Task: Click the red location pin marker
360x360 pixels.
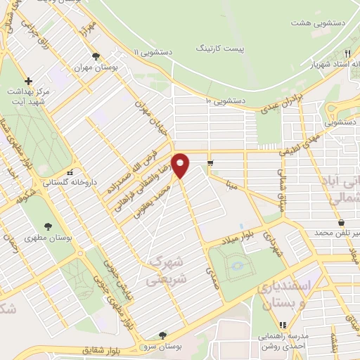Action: pyautogui.click(x=181, y=165)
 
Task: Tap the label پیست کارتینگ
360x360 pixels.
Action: pyautogui.click(x=217, y=49)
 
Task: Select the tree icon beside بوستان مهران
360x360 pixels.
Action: pyautogui.click(x=96, y=57)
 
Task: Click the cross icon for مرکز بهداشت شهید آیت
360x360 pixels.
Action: pyautogui.click(x=28, y=81)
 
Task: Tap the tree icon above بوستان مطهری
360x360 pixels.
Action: pyautogui.click(x=48, y=226)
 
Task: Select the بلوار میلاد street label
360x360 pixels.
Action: pyautogui.click(x=239, y=236)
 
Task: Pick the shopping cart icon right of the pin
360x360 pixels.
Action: pyautogui.click(x=210, y=164)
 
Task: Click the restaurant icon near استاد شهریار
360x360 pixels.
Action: pyautogui.click(x=347, y=53)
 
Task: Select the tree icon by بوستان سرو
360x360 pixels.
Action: pyautogui.click(x=162, y=335)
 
